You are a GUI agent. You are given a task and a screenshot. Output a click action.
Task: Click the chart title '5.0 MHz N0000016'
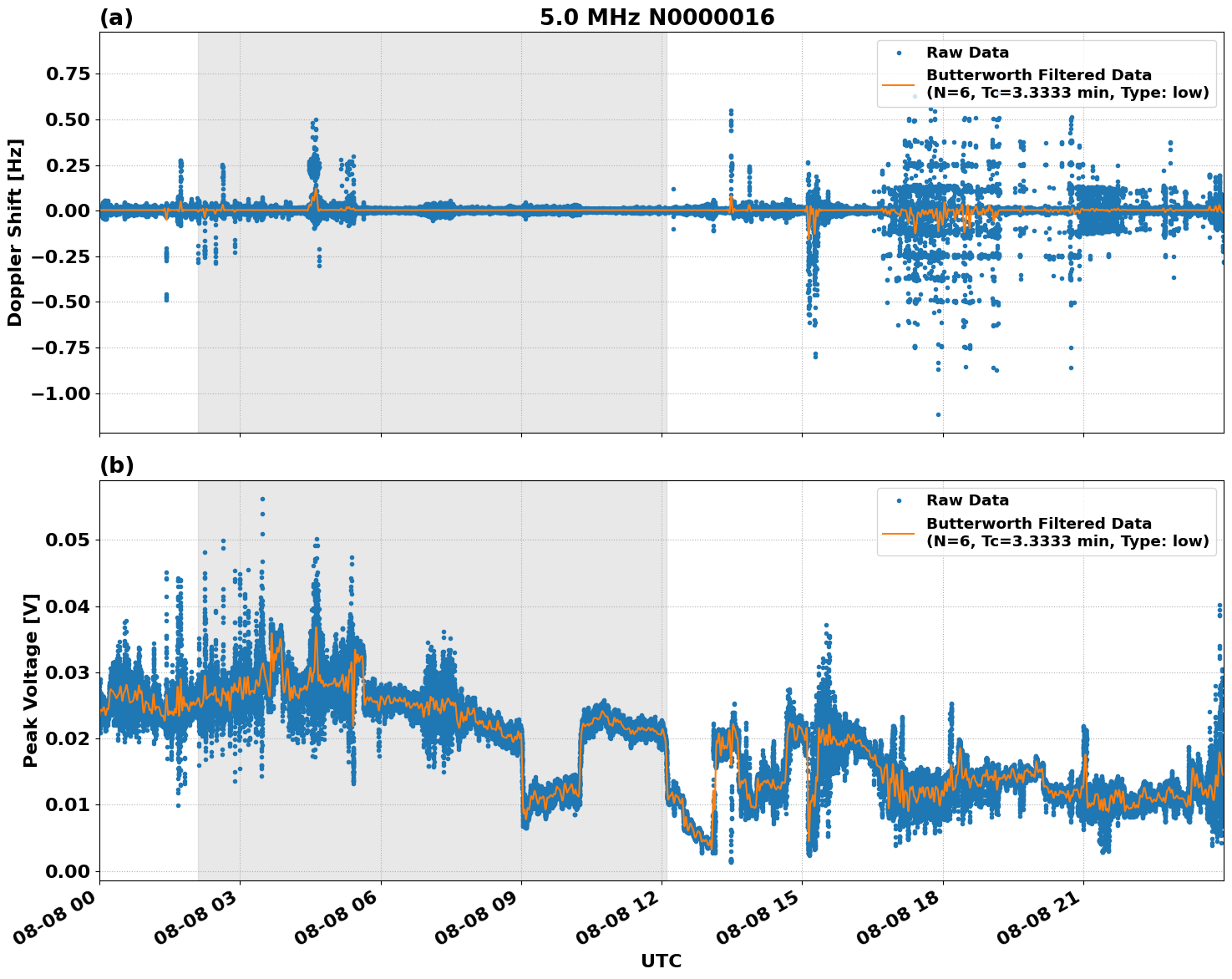[657, 18]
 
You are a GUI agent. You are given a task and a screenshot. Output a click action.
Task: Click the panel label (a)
[116, 18]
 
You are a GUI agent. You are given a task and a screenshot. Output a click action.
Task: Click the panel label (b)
[116, 465]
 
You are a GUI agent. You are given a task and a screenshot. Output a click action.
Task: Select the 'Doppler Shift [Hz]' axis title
[15, 232]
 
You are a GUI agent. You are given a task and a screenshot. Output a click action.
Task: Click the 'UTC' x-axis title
[661, 961]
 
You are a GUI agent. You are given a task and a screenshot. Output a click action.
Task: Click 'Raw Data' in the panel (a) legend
[967, 53]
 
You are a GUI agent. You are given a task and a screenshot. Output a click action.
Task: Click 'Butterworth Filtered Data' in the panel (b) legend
[1038, 524]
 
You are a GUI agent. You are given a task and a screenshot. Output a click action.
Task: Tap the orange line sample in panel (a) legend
[899, 84]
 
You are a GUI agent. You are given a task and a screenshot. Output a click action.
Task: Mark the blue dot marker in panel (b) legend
[899, 501]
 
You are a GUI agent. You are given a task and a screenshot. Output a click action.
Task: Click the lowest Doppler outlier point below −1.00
[938, 414]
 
